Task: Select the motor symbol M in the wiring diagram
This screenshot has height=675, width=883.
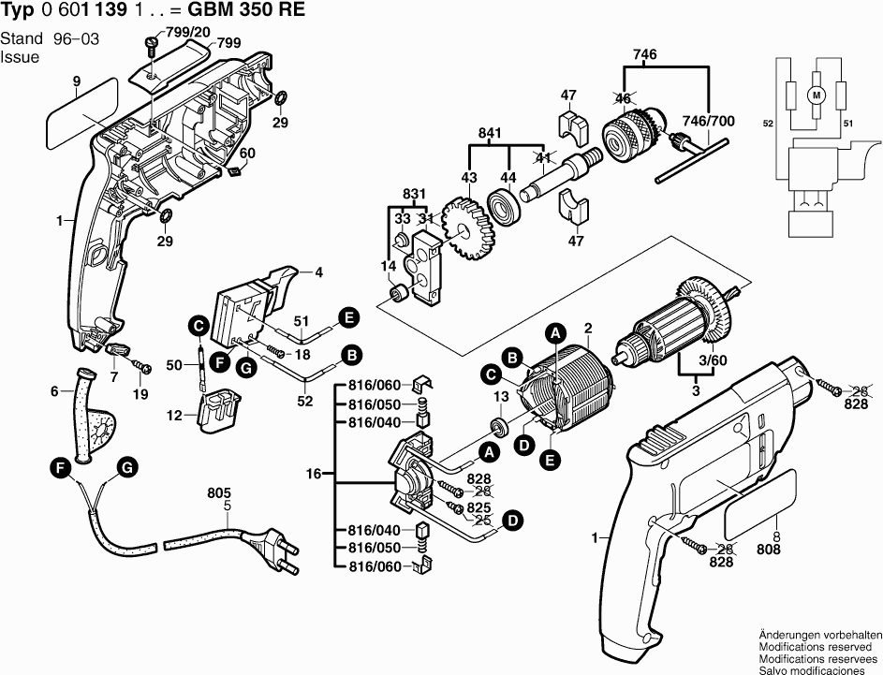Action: pos(815,95)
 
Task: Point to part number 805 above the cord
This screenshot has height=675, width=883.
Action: pos(219,494)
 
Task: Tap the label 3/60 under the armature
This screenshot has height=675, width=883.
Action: pos(714,360)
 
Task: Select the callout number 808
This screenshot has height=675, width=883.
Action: pos(768,551)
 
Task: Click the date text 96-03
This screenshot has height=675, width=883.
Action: pos(79,39)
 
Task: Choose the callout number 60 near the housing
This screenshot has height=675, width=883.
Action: pos(247,154)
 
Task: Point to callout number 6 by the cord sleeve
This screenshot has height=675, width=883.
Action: pos(54,390)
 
